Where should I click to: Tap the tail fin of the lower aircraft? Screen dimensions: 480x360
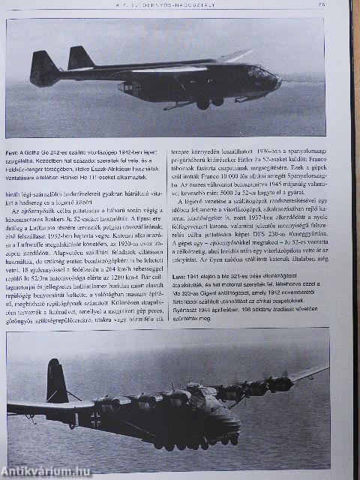[55, 379]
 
